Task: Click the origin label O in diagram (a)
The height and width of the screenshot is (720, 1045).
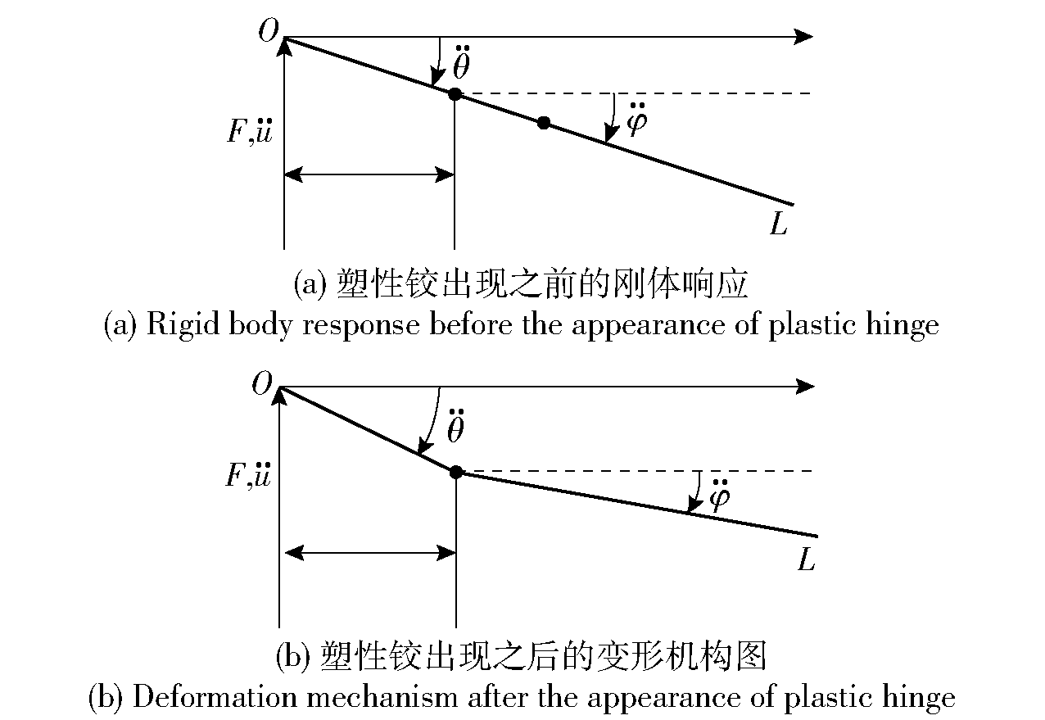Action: tap(269, 31)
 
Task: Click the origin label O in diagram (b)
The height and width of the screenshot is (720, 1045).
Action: tap(262, 383)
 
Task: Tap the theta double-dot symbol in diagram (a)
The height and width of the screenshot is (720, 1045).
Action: tap(461, 62)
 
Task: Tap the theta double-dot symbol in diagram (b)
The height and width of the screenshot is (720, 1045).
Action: tap(456, 426)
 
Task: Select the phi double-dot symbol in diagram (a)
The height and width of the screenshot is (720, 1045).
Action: tap(637, 120)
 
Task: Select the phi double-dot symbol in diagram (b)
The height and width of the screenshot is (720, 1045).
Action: tap(720, 495)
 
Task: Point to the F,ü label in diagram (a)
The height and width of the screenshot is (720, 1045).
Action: tap(250, 131)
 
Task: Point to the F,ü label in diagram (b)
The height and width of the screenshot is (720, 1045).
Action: tap(248, 475)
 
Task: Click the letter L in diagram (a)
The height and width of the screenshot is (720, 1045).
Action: tap(778, 223)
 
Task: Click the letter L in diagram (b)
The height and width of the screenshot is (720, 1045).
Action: tap(806, 559)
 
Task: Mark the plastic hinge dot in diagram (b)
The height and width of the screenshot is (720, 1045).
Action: tap(456, 472)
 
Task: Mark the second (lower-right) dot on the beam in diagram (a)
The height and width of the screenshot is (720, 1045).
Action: tap(544, 123)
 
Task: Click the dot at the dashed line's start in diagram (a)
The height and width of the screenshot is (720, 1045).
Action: tap(455, 94)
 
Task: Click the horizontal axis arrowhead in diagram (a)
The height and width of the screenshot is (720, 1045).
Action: tap(803, 36)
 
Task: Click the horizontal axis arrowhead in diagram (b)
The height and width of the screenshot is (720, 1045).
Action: tap(805, 387)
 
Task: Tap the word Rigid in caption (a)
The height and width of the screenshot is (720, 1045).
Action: tap(183, 324)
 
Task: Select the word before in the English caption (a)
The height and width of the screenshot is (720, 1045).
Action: tap(471, 324)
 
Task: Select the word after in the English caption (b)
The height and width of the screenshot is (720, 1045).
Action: tap(499, 697)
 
